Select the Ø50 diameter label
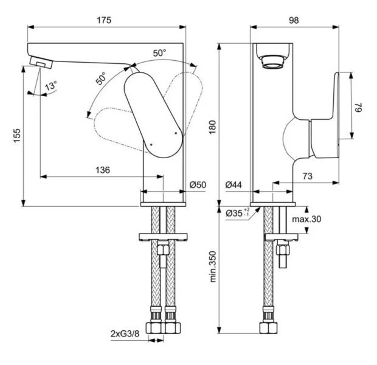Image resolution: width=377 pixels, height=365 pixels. [x=198, y=184]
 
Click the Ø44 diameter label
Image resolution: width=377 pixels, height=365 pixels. [x=234, y=184]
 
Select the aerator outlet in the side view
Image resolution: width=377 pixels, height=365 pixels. [x=271, y=59]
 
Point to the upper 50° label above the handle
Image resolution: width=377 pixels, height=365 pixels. [x=160, y=53]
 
